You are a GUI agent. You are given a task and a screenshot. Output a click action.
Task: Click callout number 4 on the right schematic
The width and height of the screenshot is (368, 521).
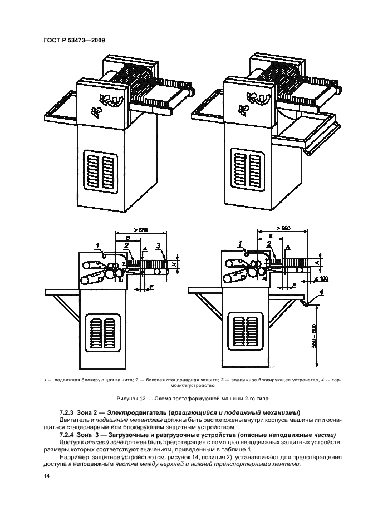tap(321, 292)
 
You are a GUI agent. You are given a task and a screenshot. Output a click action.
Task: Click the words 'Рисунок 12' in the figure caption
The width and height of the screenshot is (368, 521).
tap(131, 399)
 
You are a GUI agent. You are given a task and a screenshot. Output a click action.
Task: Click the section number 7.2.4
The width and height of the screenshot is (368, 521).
tap(68, 434)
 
